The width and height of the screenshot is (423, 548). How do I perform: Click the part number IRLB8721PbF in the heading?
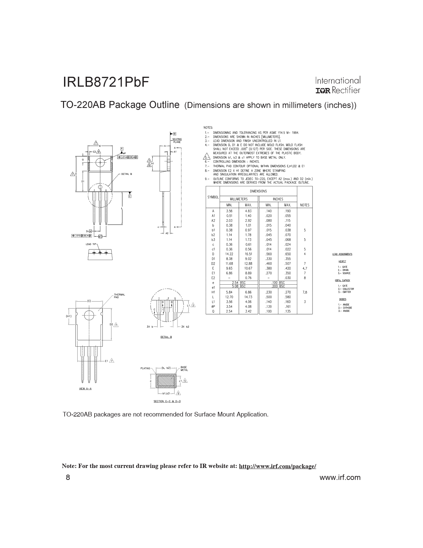click(x=106, y=82)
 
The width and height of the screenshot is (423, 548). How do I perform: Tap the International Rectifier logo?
click(x=337, y=85)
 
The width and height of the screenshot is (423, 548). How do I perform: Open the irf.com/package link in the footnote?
click(x=277, y=466)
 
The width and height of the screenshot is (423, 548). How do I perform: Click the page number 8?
click(x=68, y=478)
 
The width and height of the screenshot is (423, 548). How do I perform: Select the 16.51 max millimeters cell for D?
click(x=248, y=254)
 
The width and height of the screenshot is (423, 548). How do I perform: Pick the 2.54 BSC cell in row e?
click(x=239, y=282)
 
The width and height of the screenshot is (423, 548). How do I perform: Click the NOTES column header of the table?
click(x=305, y=205)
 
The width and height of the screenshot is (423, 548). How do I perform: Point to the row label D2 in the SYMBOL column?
click(x=213, y=263)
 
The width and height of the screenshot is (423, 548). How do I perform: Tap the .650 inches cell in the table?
click(x=287, y=254)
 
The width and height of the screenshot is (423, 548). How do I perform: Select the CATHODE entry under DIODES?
click(x=346, y=308)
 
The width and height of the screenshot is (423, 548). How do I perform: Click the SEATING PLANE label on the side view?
click(x=177, y=140)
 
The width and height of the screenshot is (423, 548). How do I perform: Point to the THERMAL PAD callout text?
click(x=119, y=296)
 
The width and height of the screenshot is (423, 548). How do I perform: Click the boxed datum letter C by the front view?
click(x=130, y=196)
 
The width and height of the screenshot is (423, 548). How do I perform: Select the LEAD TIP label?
click(x=91, y=244)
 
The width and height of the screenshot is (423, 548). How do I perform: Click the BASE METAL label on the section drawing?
click(x=184, y=369)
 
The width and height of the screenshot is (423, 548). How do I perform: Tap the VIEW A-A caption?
click(x=85, y=388)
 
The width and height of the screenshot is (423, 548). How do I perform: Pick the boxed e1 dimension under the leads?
click(x=100, y=236)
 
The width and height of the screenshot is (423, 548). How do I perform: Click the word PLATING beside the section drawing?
click(x=145, y=368)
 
